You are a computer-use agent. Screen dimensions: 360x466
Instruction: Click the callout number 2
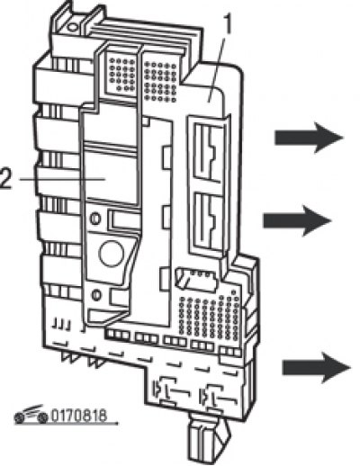click(6, 179)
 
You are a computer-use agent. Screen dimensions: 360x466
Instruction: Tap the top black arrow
click(309, 138)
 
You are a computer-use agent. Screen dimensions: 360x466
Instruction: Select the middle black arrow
click(297, 220)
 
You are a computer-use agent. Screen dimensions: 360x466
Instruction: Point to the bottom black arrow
click(317, 368)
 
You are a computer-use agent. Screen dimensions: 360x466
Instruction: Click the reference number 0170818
click(79, 416)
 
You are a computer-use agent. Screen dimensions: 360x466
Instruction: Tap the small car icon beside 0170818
click(31, 415)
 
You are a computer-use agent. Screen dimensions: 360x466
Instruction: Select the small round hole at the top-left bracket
click(73, 27)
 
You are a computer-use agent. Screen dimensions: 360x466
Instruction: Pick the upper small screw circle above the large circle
click(95, 218)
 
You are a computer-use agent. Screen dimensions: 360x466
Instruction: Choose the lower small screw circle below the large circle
click(96, 295)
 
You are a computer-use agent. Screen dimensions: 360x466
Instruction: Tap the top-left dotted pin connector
click(122, 75)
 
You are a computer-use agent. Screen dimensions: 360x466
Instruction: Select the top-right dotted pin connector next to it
click(160, 81)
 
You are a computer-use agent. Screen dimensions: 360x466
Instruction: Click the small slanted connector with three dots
click(196, 280)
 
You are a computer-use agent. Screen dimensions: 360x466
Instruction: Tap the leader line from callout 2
click(62, 179)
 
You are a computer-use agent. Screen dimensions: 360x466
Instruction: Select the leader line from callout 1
click(217, 68)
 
